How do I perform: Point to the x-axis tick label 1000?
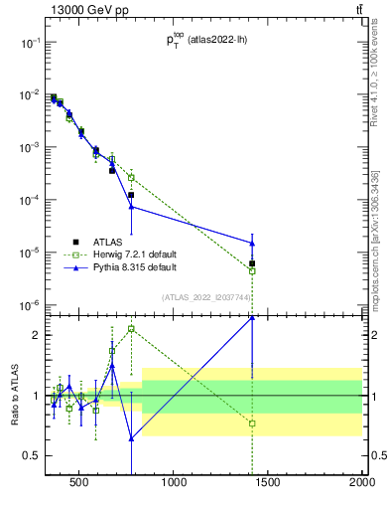tap(174, 484)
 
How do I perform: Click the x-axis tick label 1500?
tap(268, 484)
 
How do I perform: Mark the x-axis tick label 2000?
tap(361, 484)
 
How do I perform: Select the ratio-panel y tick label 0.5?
tap(32, 455)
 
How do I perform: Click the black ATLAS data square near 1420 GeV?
tap(252, 263)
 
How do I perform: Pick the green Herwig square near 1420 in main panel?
tap(252, 270)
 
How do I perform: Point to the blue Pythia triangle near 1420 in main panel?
tap(252, 243)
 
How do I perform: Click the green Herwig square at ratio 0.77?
tap(252, 424)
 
